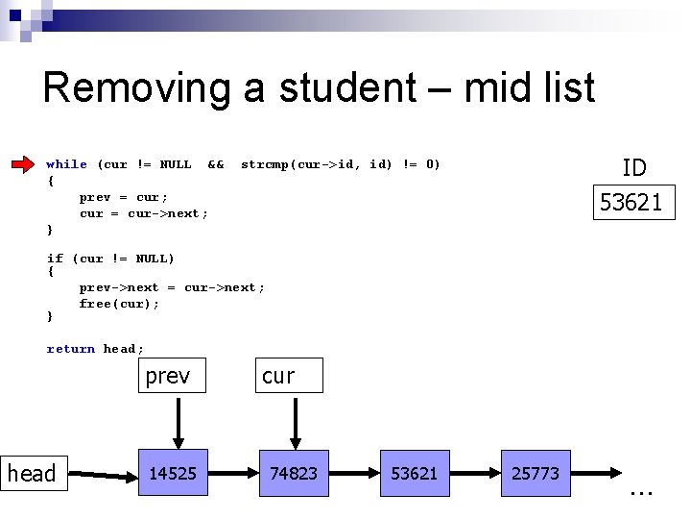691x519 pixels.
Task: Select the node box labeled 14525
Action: [173, 473]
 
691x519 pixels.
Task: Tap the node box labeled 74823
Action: [295, 473]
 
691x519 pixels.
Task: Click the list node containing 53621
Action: [415, 473]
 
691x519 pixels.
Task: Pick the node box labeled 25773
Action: [536, 473]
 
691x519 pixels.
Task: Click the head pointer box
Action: [34, 473]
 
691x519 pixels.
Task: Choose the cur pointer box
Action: [289, 376]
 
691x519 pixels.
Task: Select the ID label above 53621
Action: [633, 168]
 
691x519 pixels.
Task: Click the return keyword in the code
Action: [71, 349]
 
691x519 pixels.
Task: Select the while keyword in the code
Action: [66, 164]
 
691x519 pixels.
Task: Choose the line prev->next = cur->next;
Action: [172, 287]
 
